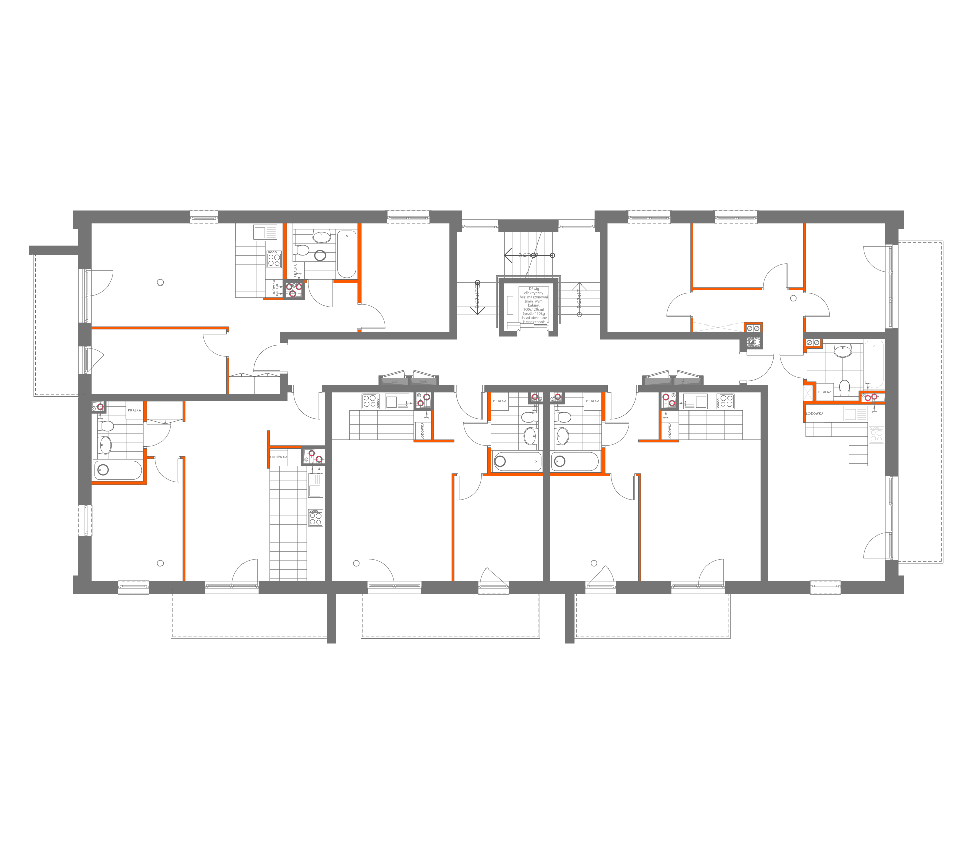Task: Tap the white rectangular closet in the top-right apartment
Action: [x=718, y=327]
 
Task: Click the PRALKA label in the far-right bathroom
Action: [x=825, y=392]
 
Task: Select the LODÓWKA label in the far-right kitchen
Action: [x=815, y=414]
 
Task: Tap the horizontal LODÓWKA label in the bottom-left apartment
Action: [x=278, y=457]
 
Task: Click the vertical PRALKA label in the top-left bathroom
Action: [x=296, y=270]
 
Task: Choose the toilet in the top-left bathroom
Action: [x=301, y=250]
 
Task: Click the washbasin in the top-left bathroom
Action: [x=321, y=236]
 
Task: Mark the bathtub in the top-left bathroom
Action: [x=346, y=254]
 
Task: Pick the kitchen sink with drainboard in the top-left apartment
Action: [x=265, y=233]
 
